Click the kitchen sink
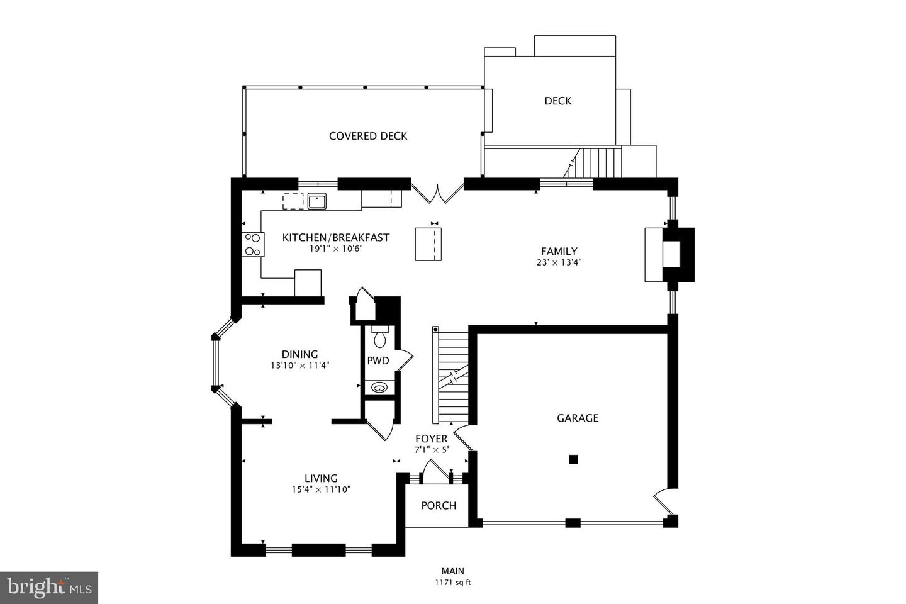(317, 201)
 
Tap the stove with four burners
(252, 245)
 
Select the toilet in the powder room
(379, 339)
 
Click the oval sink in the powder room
(379, 388)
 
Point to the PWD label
(378, 361)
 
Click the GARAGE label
(577, 418)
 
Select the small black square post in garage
(573, 459)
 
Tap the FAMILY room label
(559, 251)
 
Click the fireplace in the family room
(670, 254)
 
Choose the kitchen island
(428, 244)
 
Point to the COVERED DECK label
(368, 136)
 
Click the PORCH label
(439, 505)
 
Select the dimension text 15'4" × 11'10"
(321, 489)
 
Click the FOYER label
(431, 439)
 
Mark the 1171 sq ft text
(452, 583)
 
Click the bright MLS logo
(48, 588)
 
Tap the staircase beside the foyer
(452, 377)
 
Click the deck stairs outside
(598, 162)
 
